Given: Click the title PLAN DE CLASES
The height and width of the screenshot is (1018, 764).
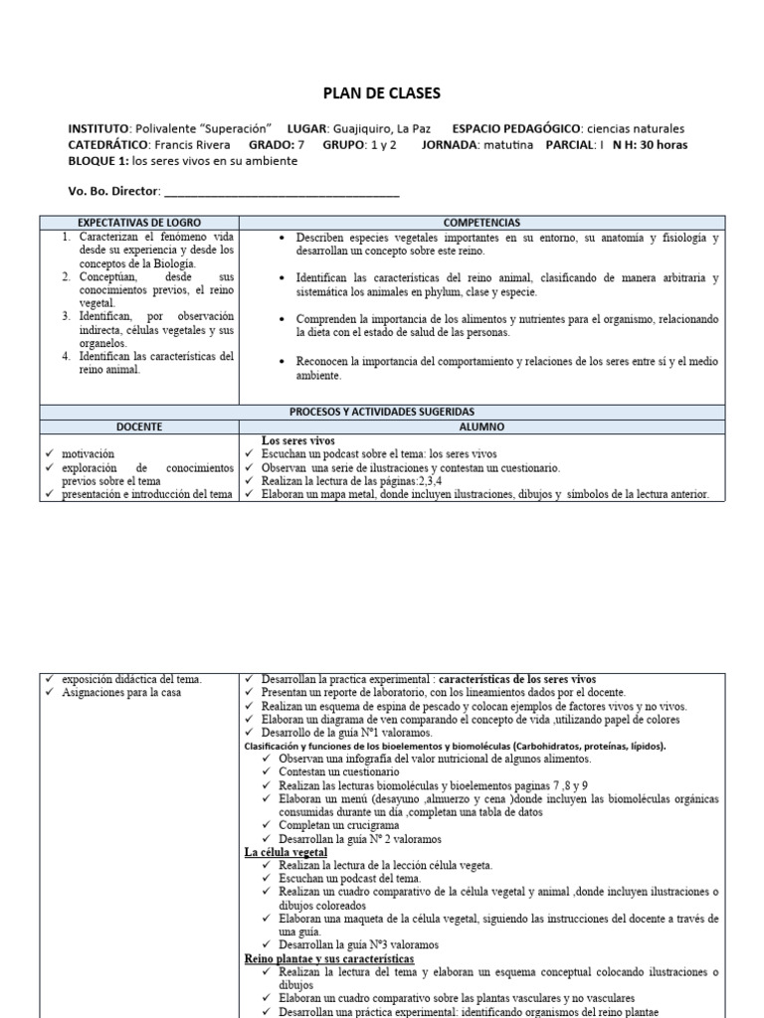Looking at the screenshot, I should click(382, 94).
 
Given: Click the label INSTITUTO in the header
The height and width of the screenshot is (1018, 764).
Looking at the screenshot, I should click(98, 129).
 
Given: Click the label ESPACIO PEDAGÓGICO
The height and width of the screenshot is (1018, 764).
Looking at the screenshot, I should click(516, 129).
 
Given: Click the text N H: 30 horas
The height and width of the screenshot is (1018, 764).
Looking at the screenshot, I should click(650, 144).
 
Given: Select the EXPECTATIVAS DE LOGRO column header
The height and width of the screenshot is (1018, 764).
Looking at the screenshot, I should click(138, 224).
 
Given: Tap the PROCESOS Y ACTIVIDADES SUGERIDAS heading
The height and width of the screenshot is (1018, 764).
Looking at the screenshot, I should click(382, 412).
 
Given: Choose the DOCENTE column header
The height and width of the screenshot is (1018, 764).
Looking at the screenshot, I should click(138, 425).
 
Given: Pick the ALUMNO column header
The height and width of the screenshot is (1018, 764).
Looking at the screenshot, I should click(481, 425).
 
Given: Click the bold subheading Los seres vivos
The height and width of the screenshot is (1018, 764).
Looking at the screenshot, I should click(297, 439).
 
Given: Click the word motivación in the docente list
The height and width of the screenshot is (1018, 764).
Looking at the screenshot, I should click(88, 453).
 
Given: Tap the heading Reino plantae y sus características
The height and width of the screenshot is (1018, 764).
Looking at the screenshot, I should click(328, 958).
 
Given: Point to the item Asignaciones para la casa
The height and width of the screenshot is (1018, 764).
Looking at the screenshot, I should click(121, 692).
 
